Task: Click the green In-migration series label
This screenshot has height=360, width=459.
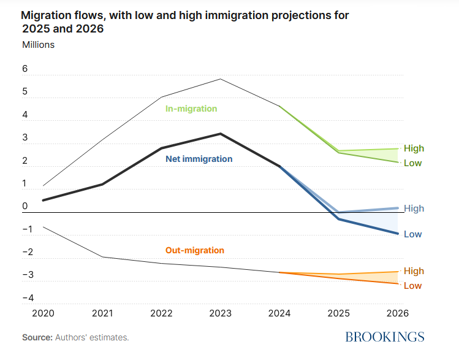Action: point(191,109)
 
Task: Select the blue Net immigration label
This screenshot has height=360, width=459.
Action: point(199,159)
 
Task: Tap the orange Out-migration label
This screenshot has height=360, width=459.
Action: point(195,250)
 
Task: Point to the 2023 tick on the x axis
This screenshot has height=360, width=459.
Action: point(220,313)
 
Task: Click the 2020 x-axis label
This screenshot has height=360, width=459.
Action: point(43,313)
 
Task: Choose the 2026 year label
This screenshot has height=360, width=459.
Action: point(397,313)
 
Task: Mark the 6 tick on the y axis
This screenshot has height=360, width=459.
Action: point(25,69)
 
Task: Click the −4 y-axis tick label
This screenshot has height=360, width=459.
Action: point(28,298)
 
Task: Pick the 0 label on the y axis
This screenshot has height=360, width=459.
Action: point(25,206)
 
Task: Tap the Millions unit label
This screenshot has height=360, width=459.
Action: point(39,45)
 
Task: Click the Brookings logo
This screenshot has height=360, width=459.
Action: point(385,337)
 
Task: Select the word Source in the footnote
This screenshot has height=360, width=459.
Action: point(37,337)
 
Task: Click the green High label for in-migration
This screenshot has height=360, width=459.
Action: point(414,148)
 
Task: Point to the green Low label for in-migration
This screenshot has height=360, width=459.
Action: point(413,163)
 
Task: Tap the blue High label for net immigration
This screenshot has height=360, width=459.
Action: point(414,209)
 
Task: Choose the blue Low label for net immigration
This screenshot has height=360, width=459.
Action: point(413,234)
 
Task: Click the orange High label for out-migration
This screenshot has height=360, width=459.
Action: point(414,271)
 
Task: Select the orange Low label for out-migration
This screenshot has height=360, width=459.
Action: point(413,286)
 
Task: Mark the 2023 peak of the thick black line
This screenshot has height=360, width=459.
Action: point(221,134)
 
